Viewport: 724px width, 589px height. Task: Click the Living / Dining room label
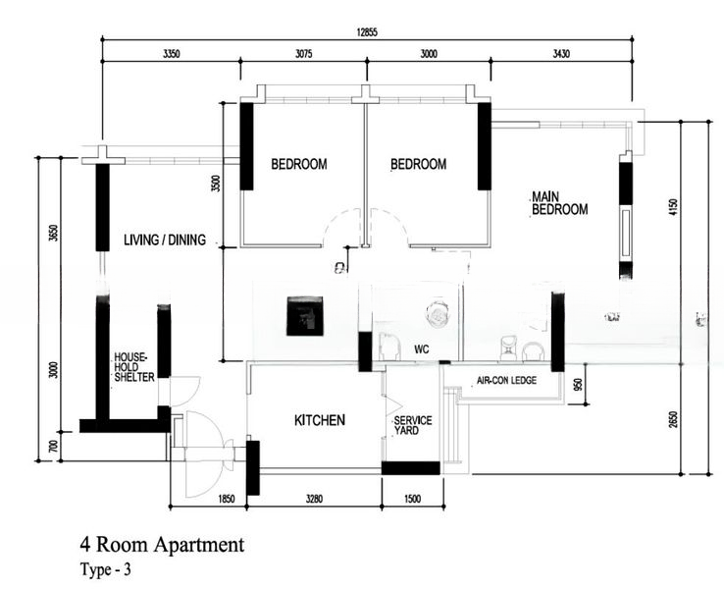pos(165,240)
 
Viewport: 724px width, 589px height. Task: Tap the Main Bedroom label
pos(559,203)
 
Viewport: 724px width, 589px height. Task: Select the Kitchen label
pos(320,420)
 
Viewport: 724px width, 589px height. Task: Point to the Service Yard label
pos(413,425)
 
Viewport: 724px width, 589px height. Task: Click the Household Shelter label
pos(133,367)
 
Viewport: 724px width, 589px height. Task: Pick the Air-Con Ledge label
pos(506,380)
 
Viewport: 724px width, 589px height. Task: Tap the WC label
pos(422,349)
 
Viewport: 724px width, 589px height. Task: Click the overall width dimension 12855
pos(367,32)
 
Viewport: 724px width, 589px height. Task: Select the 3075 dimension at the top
pos(303,54)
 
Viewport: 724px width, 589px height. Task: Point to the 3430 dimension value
pos(561,54)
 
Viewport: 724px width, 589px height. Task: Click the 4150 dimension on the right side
pos(673,207)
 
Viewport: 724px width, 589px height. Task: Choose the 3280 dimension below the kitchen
pos(315,499)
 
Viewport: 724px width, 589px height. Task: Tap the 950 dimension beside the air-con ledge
pos(580,385)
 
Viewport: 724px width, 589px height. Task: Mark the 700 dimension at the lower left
pos(54,447)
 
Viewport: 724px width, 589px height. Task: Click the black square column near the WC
pos(305,316)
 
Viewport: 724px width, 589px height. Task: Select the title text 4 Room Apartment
pos(162,545)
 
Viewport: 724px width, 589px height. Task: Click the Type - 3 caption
pos(105,569)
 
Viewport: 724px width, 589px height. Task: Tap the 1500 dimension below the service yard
pos(412,499)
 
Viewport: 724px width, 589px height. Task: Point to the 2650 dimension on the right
pos(674,419)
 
